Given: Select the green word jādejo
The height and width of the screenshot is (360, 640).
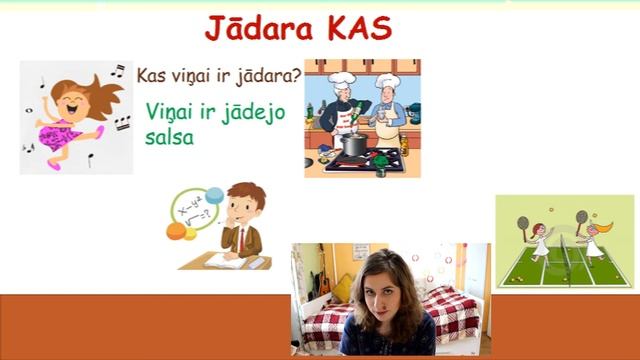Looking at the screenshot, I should [x=250, y=112].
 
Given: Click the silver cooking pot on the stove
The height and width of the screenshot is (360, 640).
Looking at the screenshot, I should [x=353, y=144].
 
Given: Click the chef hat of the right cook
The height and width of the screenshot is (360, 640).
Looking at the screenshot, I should [x=387, y=79].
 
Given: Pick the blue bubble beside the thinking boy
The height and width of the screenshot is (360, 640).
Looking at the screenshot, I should [x=214, y=194].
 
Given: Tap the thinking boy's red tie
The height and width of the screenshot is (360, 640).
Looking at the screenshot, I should [x=240, y=239].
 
